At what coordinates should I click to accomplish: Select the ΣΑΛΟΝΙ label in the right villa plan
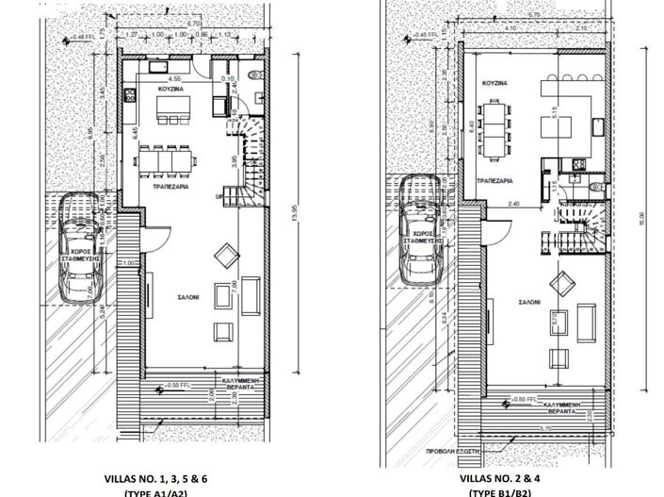[x=528, y=304]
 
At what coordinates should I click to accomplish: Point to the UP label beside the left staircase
[x=221, y=197]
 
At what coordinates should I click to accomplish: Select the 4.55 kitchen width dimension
[x=174, y=78]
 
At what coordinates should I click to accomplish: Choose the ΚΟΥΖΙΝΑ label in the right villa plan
[x=496, y=83]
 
